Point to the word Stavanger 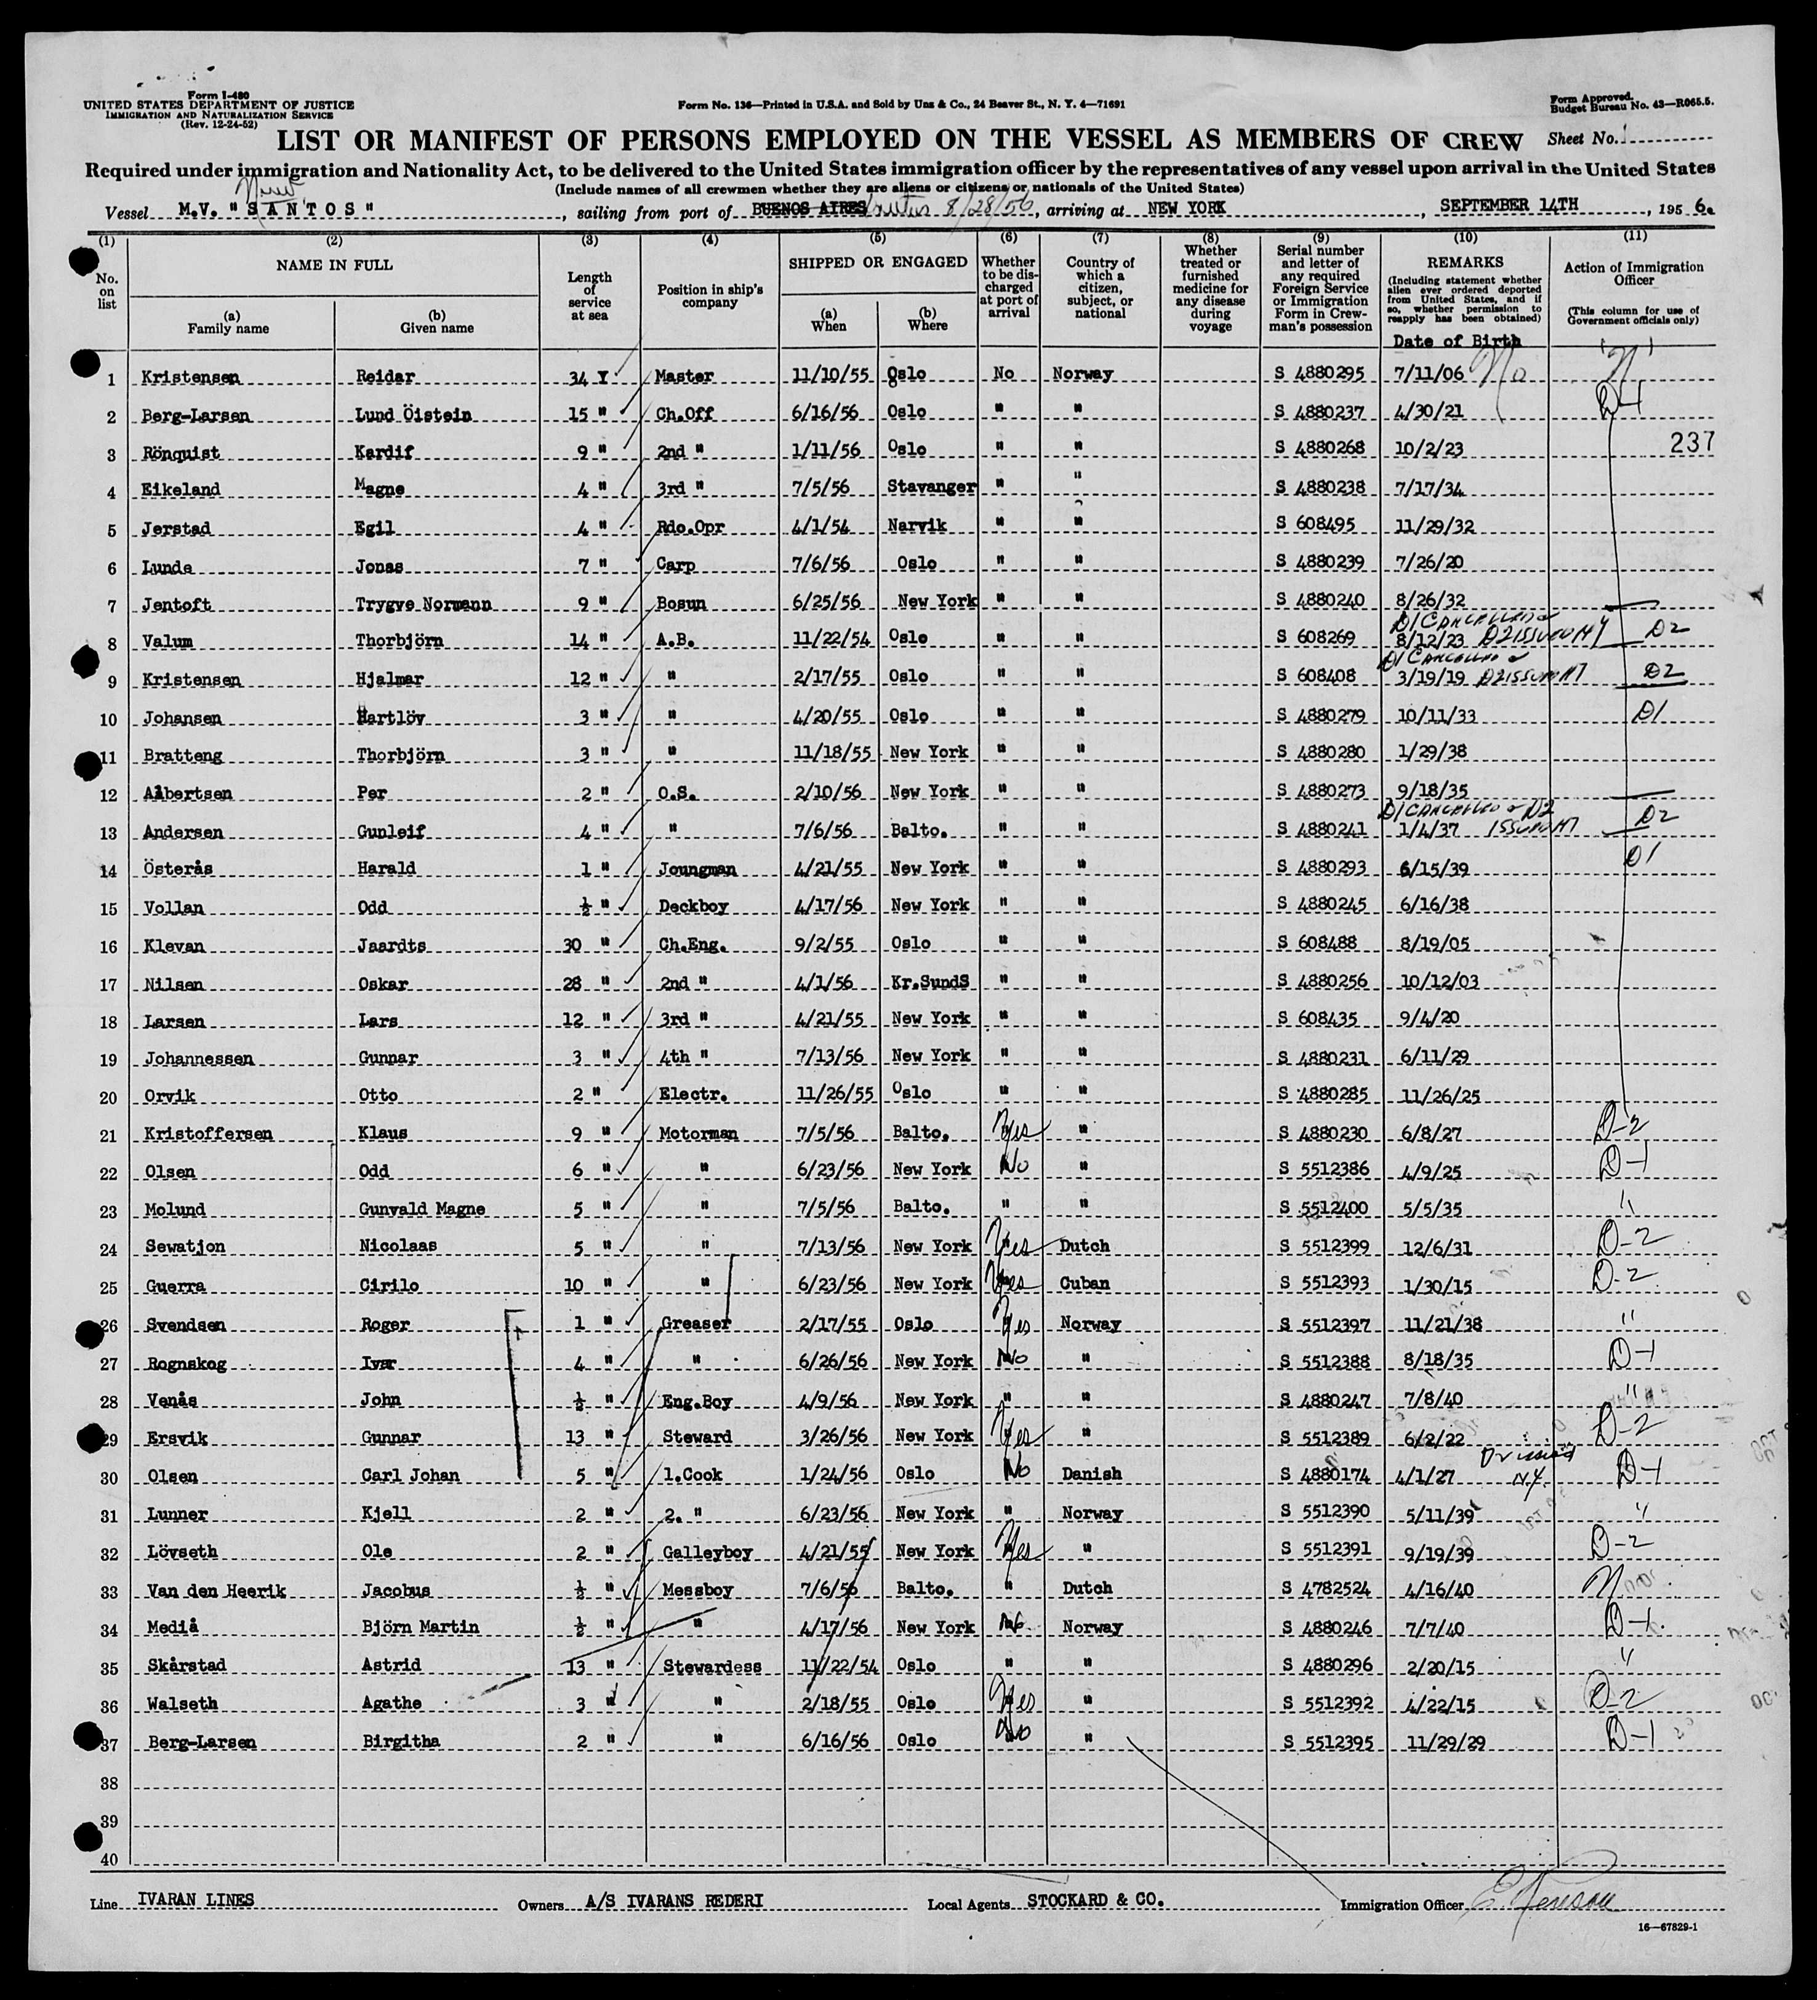pyautogui.click(x=928, y=487)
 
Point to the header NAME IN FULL pyautogui.click(x=334, y=265)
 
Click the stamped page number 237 pyautogui.click(x=1691, y=444)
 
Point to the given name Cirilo pyautogui.click(x=392, y=1285)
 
